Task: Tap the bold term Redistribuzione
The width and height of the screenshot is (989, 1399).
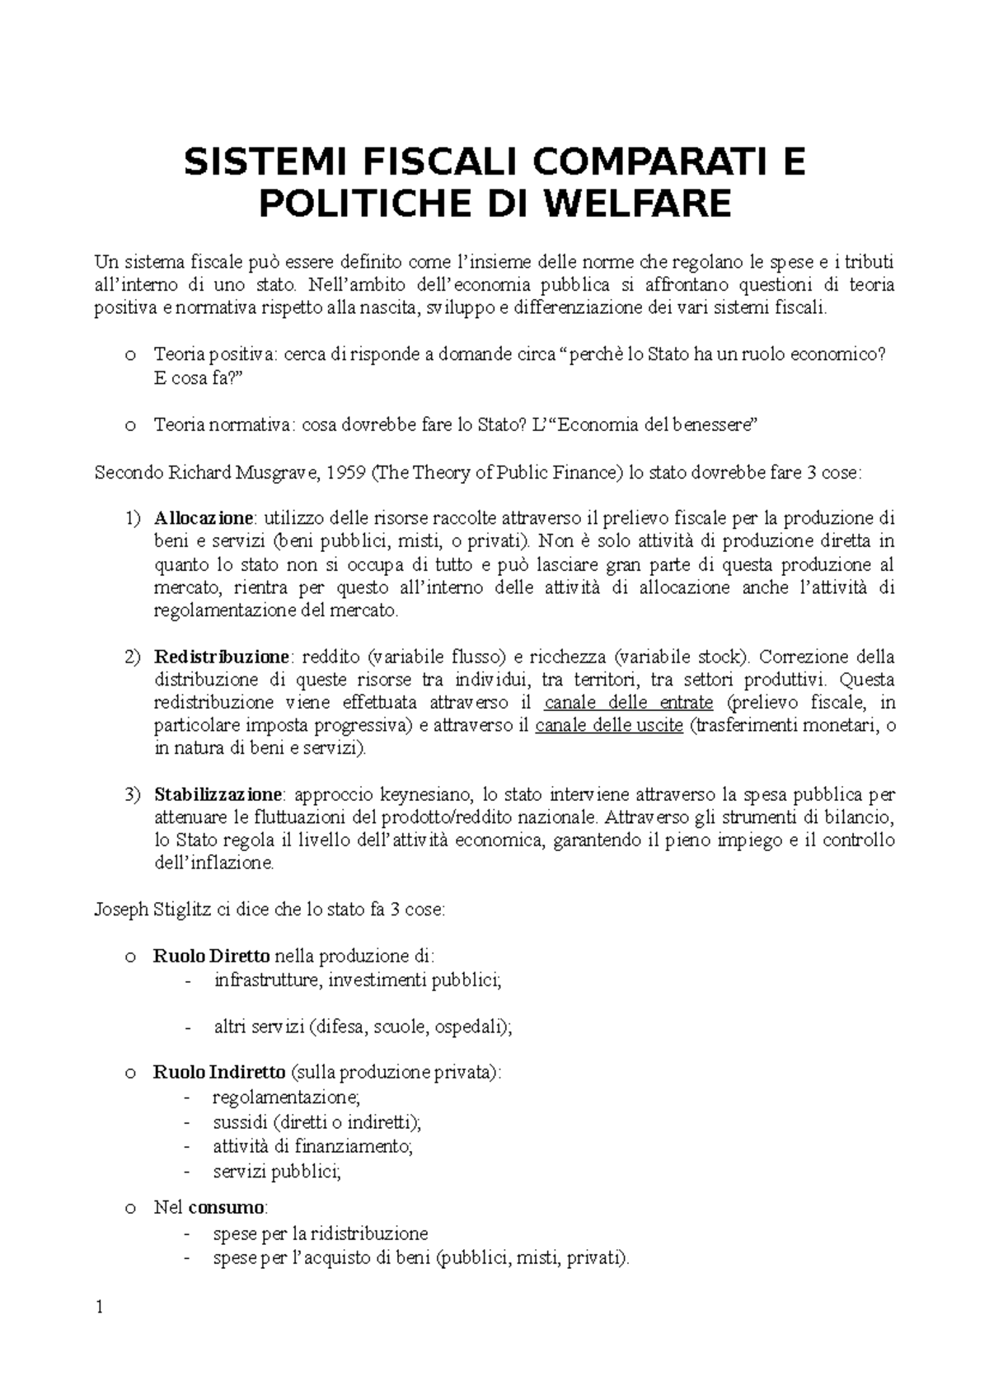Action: (x=222, y=657)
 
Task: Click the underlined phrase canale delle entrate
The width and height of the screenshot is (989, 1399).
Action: (x=629, y=703)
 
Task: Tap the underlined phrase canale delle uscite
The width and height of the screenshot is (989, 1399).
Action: (x=609, y=726)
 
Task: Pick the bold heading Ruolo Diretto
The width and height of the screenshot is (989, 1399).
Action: (x=211, y=957)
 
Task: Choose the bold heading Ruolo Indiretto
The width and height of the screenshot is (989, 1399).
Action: (x=219, y=1073)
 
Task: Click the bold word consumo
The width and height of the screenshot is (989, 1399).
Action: (x=227, y=1208)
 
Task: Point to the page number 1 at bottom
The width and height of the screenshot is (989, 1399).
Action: (x=100, y=1308)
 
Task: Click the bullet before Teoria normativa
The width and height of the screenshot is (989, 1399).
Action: (x=129, y=426)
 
